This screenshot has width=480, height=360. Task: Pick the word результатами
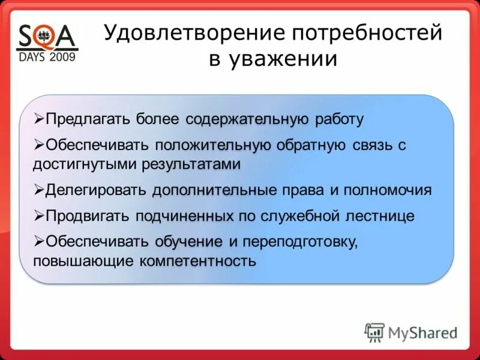pos(191,164)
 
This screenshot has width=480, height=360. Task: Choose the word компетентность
pos(198,262)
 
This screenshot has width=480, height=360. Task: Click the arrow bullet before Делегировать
pos(39,190)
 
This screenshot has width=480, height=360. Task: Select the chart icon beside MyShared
pos(374,332)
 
